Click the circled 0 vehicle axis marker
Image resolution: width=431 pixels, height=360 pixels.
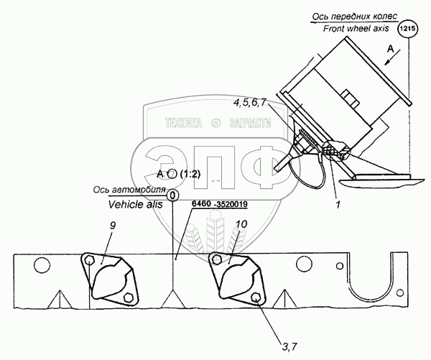coord(172,194)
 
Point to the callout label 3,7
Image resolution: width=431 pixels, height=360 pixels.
coord(289,328)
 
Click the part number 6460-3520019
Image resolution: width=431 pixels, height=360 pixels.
coord(221,206)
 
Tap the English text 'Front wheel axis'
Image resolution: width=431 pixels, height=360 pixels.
coord(346,28)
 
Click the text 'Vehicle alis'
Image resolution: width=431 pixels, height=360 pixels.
coord(134,204)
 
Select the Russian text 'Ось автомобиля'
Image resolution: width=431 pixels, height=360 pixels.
coord(129,191)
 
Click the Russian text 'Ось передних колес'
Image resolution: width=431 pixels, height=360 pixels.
coord(349,16)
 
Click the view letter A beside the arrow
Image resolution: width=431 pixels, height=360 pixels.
coord(390,50)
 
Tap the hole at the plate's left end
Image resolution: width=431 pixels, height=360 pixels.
coord(41,266)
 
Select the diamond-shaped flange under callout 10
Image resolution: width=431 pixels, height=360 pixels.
coord(234,279)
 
